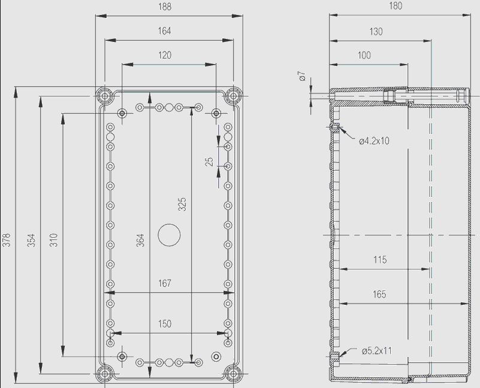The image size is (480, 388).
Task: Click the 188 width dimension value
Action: [x=165, y=7]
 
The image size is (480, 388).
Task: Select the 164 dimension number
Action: [x=164, y=31]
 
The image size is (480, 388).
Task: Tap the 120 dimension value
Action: [x=165, y=55]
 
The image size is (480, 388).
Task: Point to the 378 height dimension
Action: [x=7, y=240]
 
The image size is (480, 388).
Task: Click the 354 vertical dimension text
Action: [x=31, y=240]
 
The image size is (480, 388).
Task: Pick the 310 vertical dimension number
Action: [x=53, y=240]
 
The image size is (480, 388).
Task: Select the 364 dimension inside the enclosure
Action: [x=140, y=240]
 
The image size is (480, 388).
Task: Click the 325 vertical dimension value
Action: [x=182, y=204]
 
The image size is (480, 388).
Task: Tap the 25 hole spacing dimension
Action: [x=209, y=162]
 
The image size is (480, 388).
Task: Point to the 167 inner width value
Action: [x=165, y=283]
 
